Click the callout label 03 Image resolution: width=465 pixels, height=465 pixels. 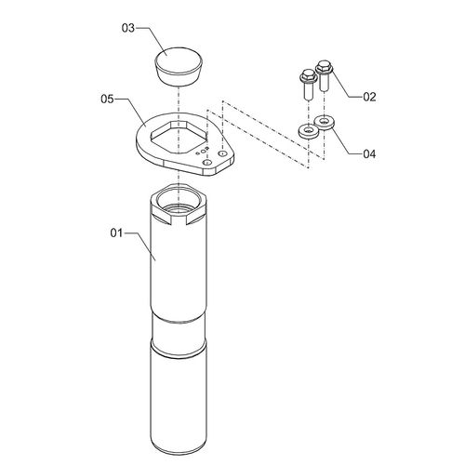tap(128, 28)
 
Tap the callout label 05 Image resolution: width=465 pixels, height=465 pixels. tap(107, 100)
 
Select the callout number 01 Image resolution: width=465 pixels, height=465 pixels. tap(116, 232)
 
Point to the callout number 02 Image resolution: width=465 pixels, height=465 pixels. tap(369, 97)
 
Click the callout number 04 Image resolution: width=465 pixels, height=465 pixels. tap(369, 153)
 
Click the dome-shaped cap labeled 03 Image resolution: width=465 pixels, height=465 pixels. tap(179, 66)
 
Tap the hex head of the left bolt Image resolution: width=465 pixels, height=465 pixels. tap(308, 75)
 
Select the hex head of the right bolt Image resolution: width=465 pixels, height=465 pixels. tap(325, 67)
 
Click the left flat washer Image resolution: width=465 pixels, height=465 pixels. tap(309, 131)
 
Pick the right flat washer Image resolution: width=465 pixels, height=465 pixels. tap(325, 122)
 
